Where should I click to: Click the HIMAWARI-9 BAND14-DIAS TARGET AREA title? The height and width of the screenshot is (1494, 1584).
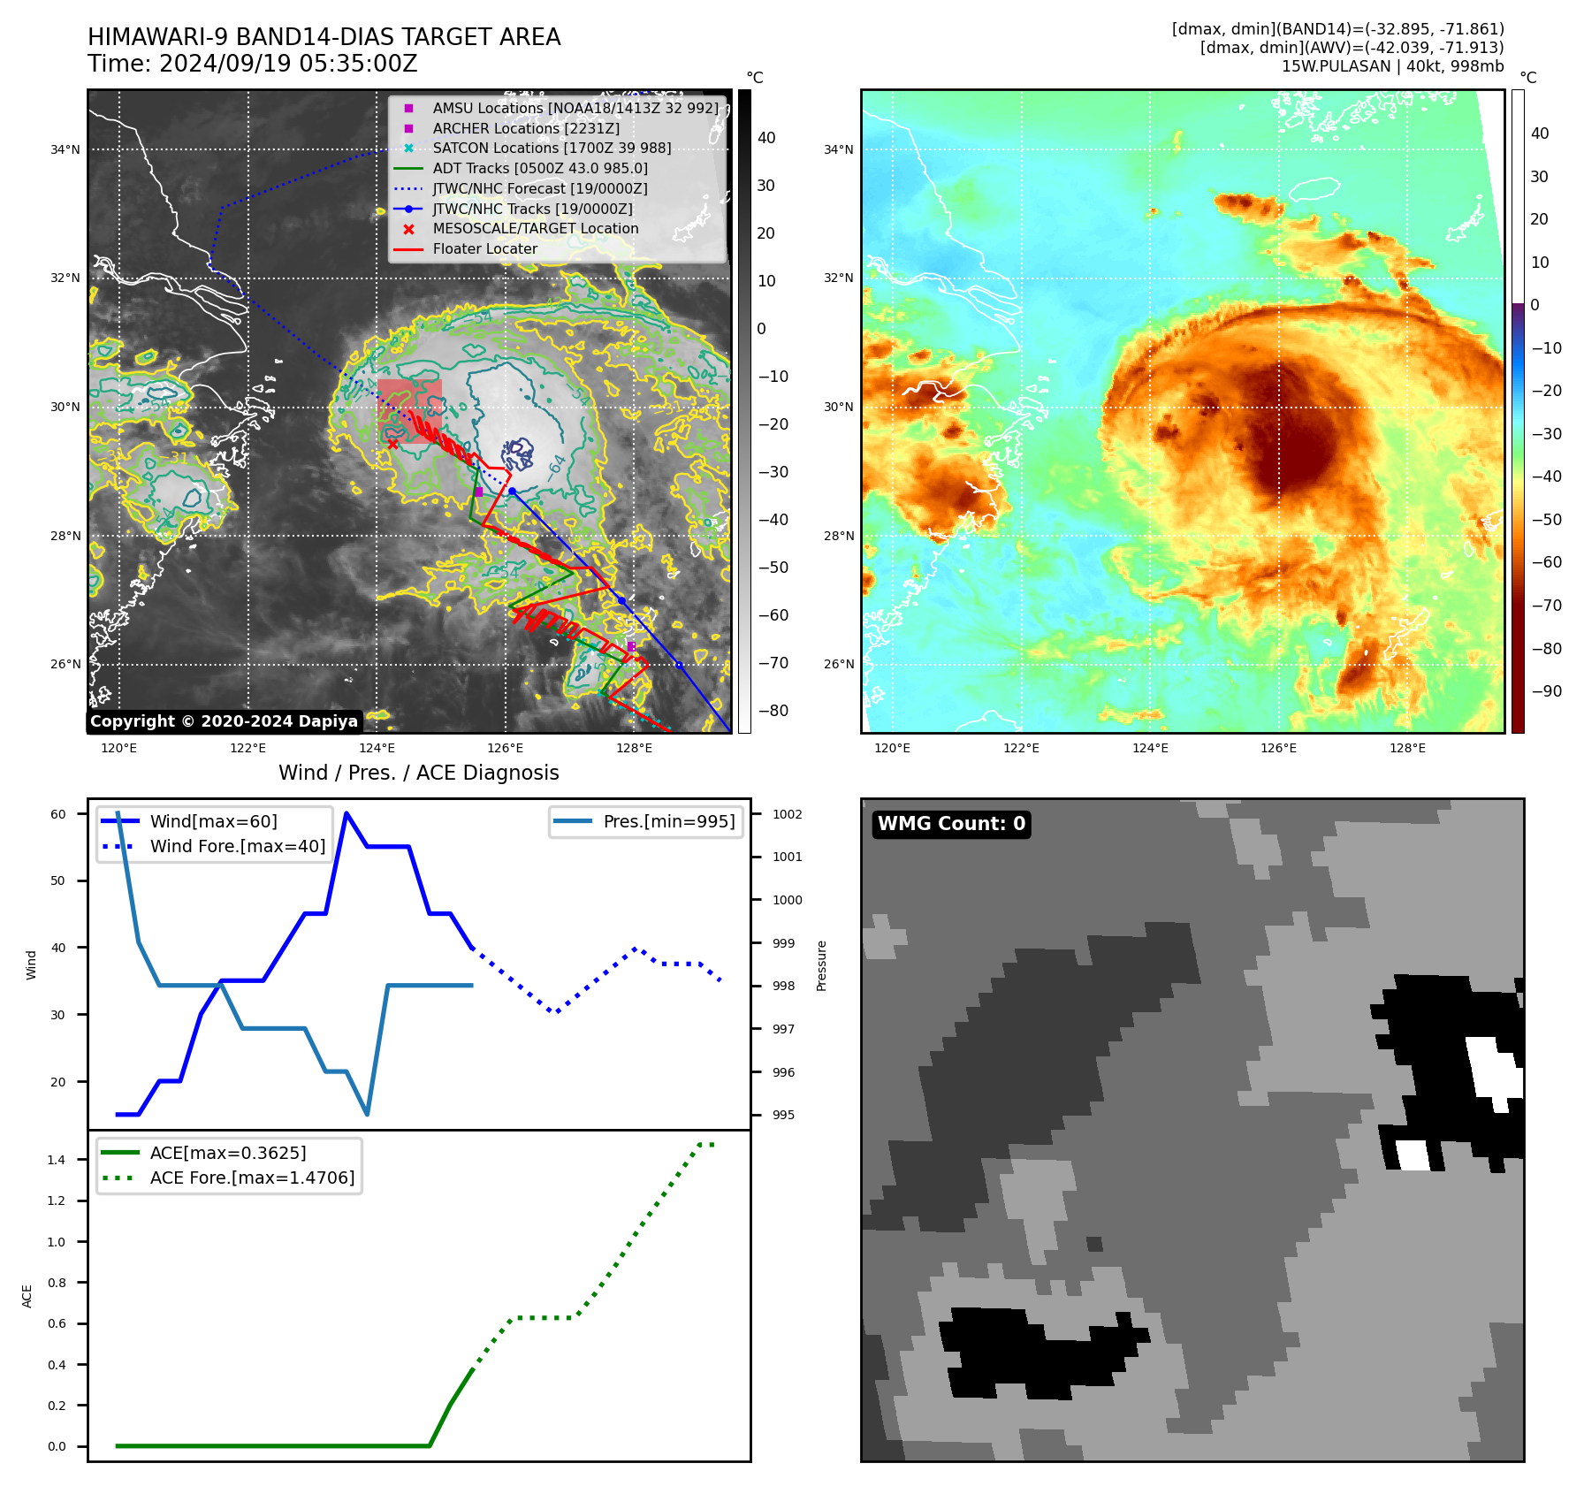pyautogui.click(x=324, y=37)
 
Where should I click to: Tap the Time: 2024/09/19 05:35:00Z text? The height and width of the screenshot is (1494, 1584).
pyautogui.click(x=252, y=65)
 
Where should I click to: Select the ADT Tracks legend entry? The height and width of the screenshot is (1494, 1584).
pyautogui.click(x=540, y=168)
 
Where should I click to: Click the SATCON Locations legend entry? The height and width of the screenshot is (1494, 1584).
pyautogui.click(x=552, y=148)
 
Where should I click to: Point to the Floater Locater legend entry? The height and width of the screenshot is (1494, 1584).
pyautogui.click(x=484, y=249)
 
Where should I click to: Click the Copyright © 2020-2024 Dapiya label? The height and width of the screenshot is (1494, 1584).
pyautogui.click(x=224, y=721)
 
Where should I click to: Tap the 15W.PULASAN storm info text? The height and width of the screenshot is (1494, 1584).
pyautogui.click(x=1392, y=66)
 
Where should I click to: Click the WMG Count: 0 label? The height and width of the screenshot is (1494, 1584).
pyautogui.click(x=951, y=824)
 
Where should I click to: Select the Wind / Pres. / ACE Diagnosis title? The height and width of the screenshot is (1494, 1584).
pyautogui.click(x=418, y=774)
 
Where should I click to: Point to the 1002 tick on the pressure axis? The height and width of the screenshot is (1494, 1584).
pyautogui.click(x=787, y=814)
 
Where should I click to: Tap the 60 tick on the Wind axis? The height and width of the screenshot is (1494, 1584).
pyautogui.click(x=58, y=814)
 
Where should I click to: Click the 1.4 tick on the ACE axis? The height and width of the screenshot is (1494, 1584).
pyautogui.click(x=57, y=1160)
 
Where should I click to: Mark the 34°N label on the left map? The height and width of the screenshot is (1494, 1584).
pyautogui.click(x=65, y=149)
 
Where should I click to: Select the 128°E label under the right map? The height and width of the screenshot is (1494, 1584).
pyautogui.click(x=1407, y=748)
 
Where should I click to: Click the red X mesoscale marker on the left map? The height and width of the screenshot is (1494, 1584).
pyautogui.click(x=393, y=444)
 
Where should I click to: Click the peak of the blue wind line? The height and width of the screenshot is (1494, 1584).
pyautogui.click(x=346, y=813)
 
